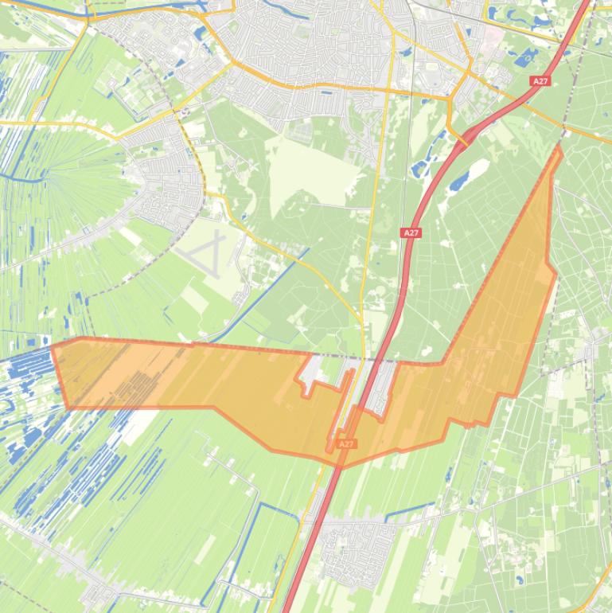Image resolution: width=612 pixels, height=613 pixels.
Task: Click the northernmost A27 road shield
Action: pos(540,81)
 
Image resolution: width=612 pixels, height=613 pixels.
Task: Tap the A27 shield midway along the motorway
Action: pos(411,232)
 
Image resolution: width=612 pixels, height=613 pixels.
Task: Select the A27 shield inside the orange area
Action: pos(345,443)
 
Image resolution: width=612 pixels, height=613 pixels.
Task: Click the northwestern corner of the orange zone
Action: pos(53,346)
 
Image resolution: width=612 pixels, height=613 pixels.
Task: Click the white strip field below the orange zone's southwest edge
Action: pos(135,426)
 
